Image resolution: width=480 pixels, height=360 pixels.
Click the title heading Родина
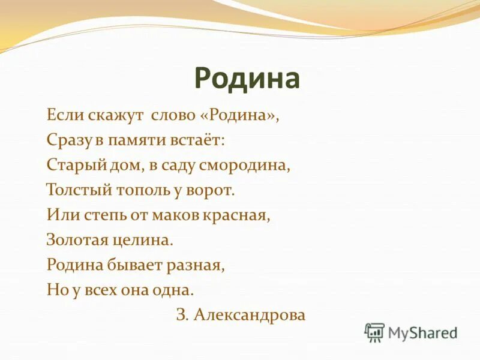tap(247, 79)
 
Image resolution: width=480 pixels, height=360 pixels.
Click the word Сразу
tap(69, 140)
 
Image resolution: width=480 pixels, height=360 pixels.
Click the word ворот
tap(210, 191)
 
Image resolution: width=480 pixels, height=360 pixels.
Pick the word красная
tap(239, 215)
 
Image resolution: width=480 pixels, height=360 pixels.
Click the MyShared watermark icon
tap(374, 332)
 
